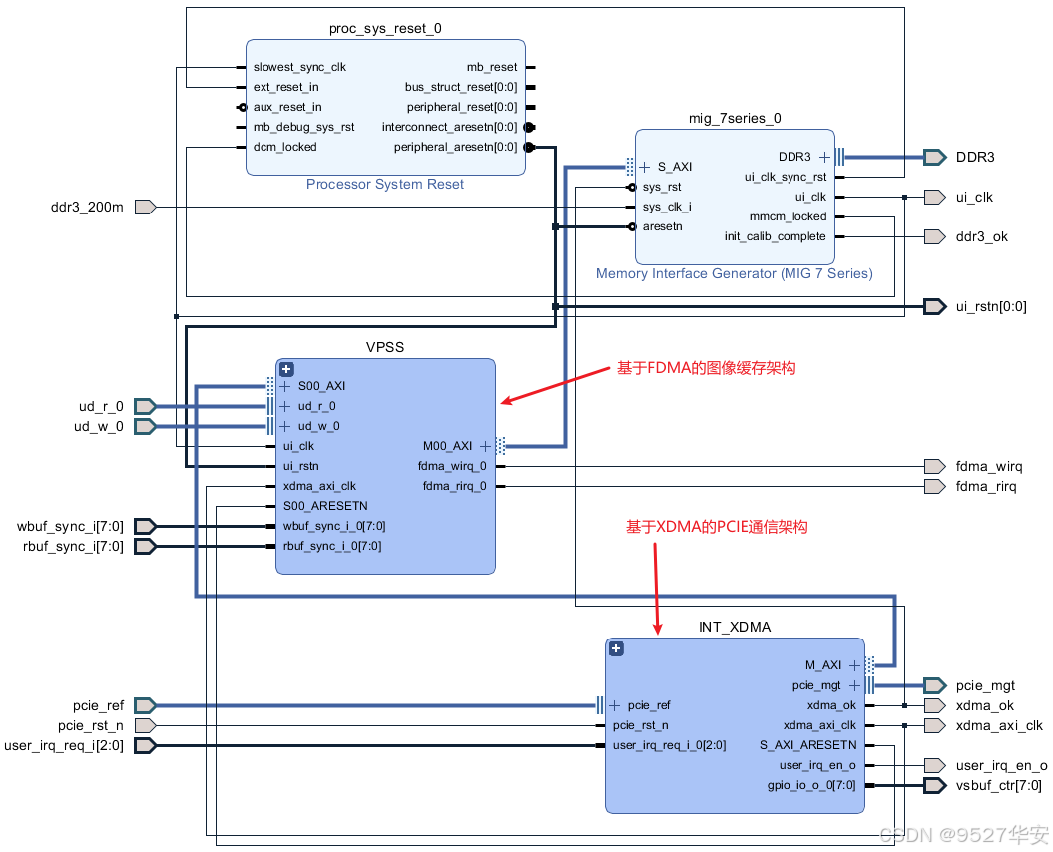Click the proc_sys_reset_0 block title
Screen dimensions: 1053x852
click(x=385, y=28)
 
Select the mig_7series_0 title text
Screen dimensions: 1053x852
click(x=735, y=118)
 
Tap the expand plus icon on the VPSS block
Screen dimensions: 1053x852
click(x=286, y=369)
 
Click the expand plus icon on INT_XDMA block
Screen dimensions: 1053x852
click(x=616, y=648)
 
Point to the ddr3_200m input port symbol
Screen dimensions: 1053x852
click(x=145, y=207)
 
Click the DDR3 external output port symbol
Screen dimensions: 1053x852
click(x=935, y=157)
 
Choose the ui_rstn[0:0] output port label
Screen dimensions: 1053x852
click(x=991, y=307)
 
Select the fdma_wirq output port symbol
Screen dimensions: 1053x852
click(x=935, y=466)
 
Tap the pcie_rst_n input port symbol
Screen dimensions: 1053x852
click(x=145, y=725)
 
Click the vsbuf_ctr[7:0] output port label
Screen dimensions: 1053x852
click(x=999, y=785)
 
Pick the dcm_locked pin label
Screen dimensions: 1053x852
click(x=284, y=147)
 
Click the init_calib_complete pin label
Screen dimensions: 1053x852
click(x=775, y=236)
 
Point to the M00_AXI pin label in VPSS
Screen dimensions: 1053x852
click(x=447, y=446)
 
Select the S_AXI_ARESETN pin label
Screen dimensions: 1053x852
click(x=807, y=745)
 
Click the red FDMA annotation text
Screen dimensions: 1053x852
click(x=707, y=368)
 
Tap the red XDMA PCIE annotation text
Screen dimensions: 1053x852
click(x=717, y=527)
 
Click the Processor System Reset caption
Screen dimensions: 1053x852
click(x=385, y=184)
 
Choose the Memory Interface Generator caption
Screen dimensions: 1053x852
click(x=734, y=274)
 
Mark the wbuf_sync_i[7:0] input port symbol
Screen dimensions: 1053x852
click(x=145, y=527)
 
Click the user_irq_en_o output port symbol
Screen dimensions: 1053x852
click(x=935, y=765)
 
